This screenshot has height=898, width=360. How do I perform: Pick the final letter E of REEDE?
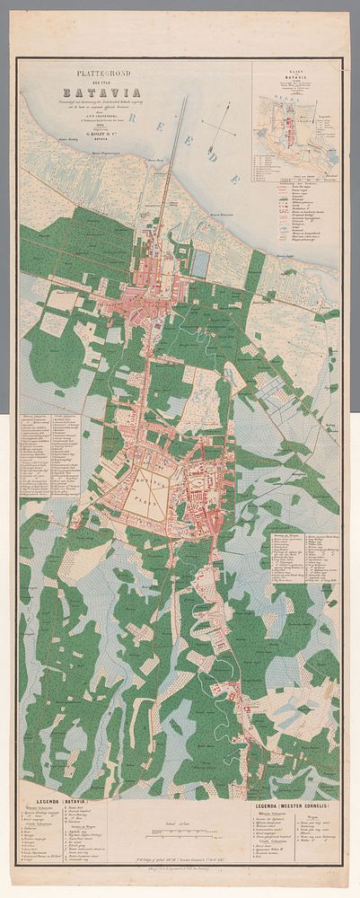tap(235, 180)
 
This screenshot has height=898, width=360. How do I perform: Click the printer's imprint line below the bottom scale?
tap(180, 872)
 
